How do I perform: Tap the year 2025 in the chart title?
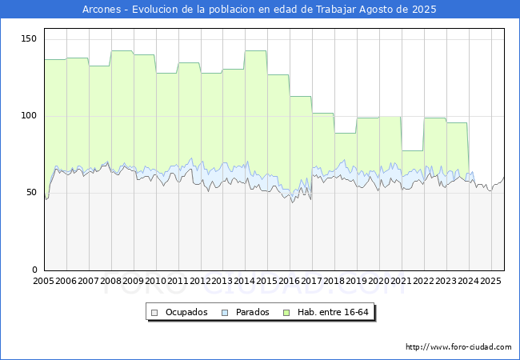click(x=424, y=10)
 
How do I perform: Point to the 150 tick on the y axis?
click(x=29, y=38)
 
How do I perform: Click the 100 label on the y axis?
click(x=29, y=116)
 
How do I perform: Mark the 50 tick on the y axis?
click(x=31, y=193)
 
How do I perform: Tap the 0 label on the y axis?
click(x=34, y=270)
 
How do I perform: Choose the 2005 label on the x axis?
click(x=43, y=281)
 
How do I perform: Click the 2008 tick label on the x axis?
click(x=110, y=281)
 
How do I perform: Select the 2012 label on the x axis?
click(x=200, y=281)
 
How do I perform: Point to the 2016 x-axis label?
click(x=290, y=281)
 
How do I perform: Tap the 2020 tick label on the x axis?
click(x=379, y=281)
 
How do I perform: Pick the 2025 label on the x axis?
click(x=491, y=281)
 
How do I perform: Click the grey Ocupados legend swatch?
click(x=154, y=313)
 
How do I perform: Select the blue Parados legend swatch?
click(x=225, y=313)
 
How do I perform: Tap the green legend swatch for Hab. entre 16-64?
click(x=286, y=313)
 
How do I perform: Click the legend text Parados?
click(x=252, y=312)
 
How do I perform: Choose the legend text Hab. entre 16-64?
click(x=333, y=312)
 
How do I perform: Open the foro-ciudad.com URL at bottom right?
click(x=458, y=347)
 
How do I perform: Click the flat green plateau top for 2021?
click(x=413, y=151)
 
